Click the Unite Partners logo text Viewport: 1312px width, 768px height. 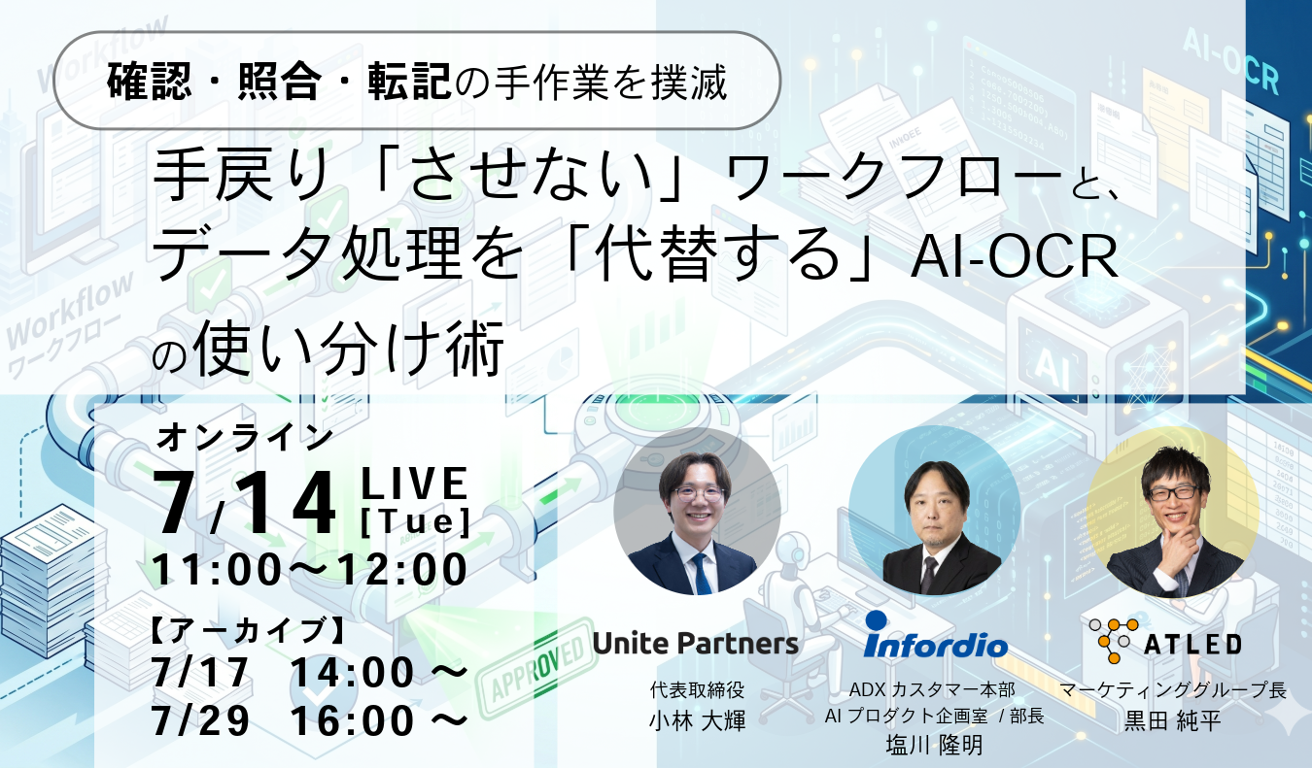pos(695,644)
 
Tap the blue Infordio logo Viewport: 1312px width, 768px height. pos(935,636)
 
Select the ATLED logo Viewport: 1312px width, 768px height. pos(1165,641)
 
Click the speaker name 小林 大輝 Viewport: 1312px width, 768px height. pos(697,720)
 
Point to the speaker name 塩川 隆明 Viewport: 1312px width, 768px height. pos(934,745)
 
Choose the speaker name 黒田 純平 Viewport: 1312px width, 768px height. pos(1173,720)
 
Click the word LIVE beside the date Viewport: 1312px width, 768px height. pos(415,484)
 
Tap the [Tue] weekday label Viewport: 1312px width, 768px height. pos(415,521)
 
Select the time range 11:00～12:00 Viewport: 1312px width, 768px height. pos(310,570)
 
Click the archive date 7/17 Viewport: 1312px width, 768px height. pos(200,673)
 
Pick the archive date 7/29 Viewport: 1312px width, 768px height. pos(200,720)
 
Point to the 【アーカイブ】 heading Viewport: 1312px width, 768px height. pos(247,630)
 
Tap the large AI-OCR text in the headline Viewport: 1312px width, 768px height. pos(1014,256)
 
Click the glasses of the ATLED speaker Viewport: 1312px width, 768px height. pos(1172,492)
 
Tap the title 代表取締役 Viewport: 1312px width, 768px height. pos(697,690)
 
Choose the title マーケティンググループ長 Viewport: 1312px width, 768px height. pos(1173,690)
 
